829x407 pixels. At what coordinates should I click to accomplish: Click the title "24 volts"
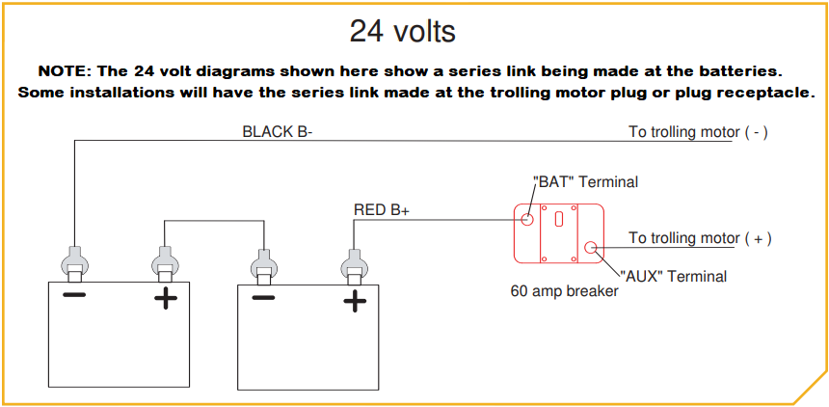point(402,31)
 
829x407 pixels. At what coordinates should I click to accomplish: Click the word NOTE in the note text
point(64,72)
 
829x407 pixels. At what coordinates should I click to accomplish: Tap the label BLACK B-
point(277,131)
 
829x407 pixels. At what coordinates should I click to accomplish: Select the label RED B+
point(382,210)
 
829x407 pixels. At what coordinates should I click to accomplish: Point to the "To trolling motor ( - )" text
point(698,132)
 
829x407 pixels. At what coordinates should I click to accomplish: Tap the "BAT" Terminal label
point(585,181)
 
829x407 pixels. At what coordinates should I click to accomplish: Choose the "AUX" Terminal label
point(672,276)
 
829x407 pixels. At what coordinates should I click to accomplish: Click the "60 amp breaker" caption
point(564,290)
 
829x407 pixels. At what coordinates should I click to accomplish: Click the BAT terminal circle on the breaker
point(527,219)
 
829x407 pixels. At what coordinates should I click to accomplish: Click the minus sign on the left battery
point(73,294)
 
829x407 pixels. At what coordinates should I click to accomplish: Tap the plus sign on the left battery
point(166,298)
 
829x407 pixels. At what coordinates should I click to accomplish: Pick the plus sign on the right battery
point(355,302)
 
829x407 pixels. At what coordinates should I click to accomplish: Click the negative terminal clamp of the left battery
point(74,262)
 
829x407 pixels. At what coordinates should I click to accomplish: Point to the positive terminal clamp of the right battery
point(354,264)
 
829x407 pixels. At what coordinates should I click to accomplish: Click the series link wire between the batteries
point(213,221)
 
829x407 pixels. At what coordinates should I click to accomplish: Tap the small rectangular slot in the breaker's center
point(559,219)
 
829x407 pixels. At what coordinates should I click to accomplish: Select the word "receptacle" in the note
point(768,93)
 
